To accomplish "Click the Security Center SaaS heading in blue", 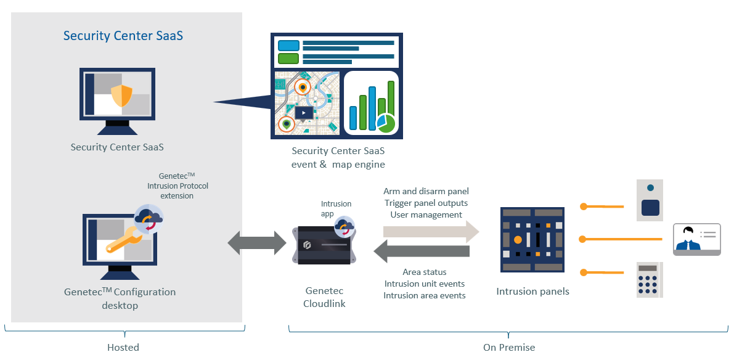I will [x=123, y=36].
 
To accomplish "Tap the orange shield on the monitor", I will [x=121, y=96].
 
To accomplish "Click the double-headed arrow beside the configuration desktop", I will [x=257, y=244].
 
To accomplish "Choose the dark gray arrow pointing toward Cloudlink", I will [x=422, y=252].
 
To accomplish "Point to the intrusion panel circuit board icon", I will [x=532, y=240].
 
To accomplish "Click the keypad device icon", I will [x=650, y=280].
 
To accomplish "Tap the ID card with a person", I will [x=696, y=239].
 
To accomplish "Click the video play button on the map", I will [x=304, y=113].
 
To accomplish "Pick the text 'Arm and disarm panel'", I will [x=426, y=192].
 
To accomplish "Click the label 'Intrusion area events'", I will [x=424, y=295].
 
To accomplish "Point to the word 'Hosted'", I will [x=123, y=347].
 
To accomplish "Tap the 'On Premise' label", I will [x=509, y=347].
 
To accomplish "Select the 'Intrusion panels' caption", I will [x=532, y=291].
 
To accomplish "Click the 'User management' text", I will [x=426, y=215].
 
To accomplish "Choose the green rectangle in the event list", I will [x=288, y=59].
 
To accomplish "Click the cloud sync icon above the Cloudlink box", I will [x=344, y=226].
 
